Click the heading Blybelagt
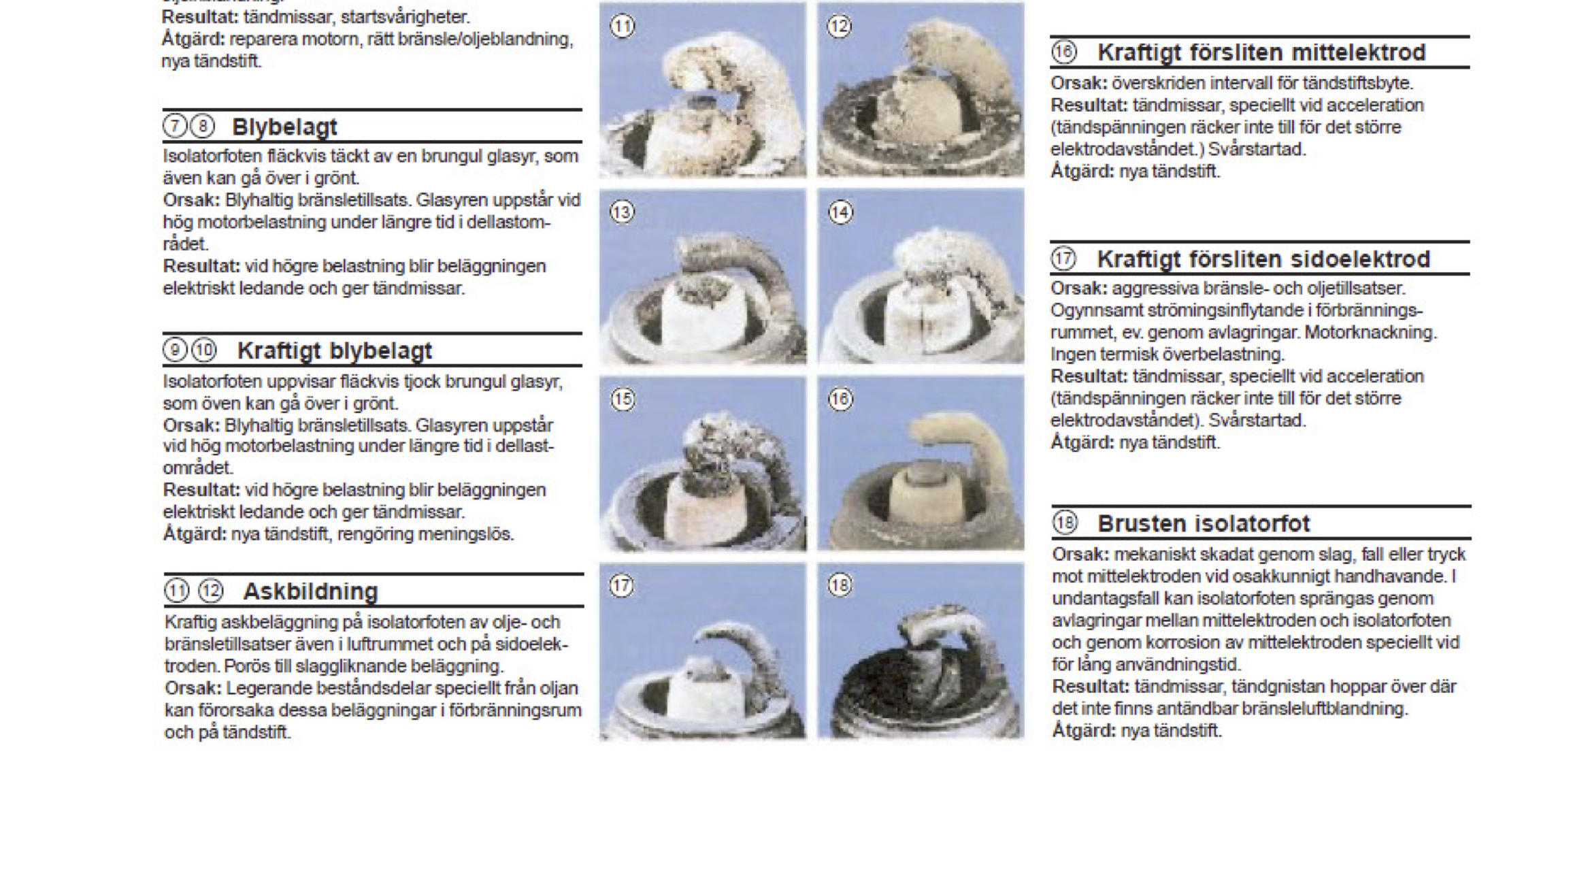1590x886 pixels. point(284,127)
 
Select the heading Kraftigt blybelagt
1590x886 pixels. point(334,351)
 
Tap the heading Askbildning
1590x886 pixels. point(310,591)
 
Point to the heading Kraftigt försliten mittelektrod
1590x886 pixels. point(1261,52)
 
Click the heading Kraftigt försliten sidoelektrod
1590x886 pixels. point(1263,259)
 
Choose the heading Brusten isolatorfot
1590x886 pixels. point(1204,523)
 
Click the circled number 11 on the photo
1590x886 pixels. point(623,27)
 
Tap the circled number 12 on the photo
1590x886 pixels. point(839,27)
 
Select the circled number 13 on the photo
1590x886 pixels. point(623,212)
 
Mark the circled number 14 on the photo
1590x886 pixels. point(840,212)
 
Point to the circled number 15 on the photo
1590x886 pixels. point(623,399)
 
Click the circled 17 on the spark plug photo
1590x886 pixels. point(621,586)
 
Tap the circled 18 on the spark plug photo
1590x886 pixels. point(840,585)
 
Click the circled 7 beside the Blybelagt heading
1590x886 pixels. point(175,126)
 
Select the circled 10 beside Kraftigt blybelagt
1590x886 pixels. point(203,350)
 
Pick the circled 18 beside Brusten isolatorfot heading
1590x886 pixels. point(1065,523)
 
